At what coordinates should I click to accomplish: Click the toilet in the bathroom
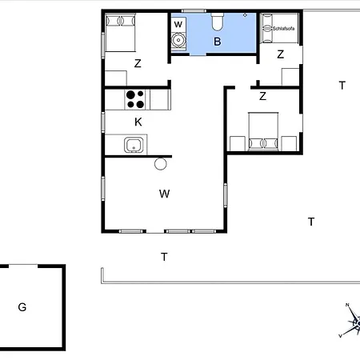(218, 22)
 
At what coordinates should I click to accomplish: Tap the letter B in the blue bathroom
(218, 42)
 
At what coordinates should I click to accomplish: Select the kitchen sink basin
(134, 145)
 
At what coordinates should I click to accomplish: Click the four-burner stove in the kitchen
(135, 99)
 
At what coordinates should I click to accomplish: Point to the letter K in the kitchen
(138, 122)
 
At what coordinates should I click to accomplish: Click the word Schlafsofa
(283, 28)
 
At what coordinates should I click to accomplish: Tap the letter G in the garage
(22, 307)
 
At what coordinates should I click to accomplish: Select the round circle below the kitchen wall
(161, 164)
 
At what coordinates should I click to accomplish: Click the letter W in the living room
(164, 194)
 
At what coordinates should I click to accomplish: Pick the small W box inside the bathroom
(178, 25)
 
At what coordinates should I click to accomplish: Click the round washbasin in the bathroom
(178, 41)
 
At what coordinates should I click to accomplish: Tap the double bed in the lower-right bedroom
(263, 131)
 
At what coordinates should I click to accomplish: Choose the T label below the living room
(164, 257)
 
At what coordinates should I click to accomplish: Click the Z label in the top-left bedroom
(138, 63)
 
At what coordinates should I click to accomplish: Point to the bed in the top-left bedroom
(120, 33)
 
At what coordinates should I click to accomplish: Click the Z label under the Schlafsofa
(280, 54)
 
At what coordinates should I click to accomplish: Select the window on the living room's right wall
(226, 195)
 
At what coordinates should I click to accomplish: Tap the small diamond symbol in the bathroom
(245, 15)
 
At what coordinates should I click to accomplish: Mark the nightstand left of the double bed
(238, 143)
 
